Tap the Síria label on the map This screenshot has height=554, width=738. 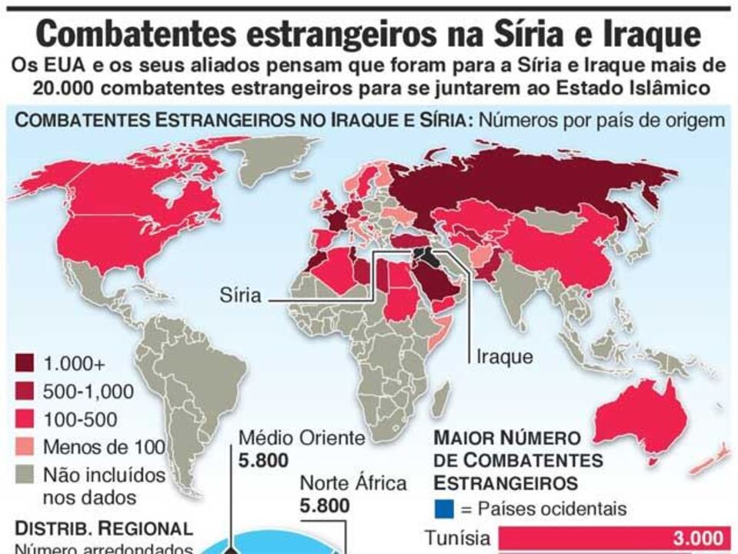click(x=240, y=295)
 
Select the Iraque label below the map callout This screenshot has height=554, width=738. click(x=505, y=356)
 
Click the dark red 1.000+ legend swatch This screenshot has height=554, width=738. click(x=26, y=364)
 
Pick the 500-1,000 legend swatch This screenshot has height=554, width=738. click(x=26, y=392)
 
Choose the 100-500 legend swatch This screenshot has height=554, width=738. click(x=26, y=419)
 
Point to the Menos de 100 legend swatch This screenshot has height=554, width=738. click(x=26, y=447)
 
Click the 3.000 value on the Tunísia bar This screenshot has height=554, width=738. click(x=698, y=538)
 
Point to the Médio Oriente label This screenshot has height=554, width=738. click(x=301, y=439)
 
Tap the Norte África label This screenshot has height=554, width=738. click(x=352, y=484)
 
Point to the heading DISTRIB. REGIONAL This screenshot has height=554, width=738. click(x=104, y=529)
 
